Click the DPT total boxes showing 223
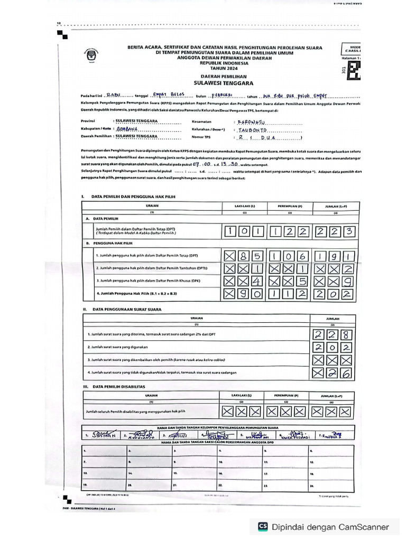pyautogui.click(x=336, y=231)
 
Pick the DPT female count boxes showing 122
pyautogui.click(x=289, y=231)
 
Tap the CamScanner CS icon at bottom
pyautogui.click(x=263, y=526)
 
